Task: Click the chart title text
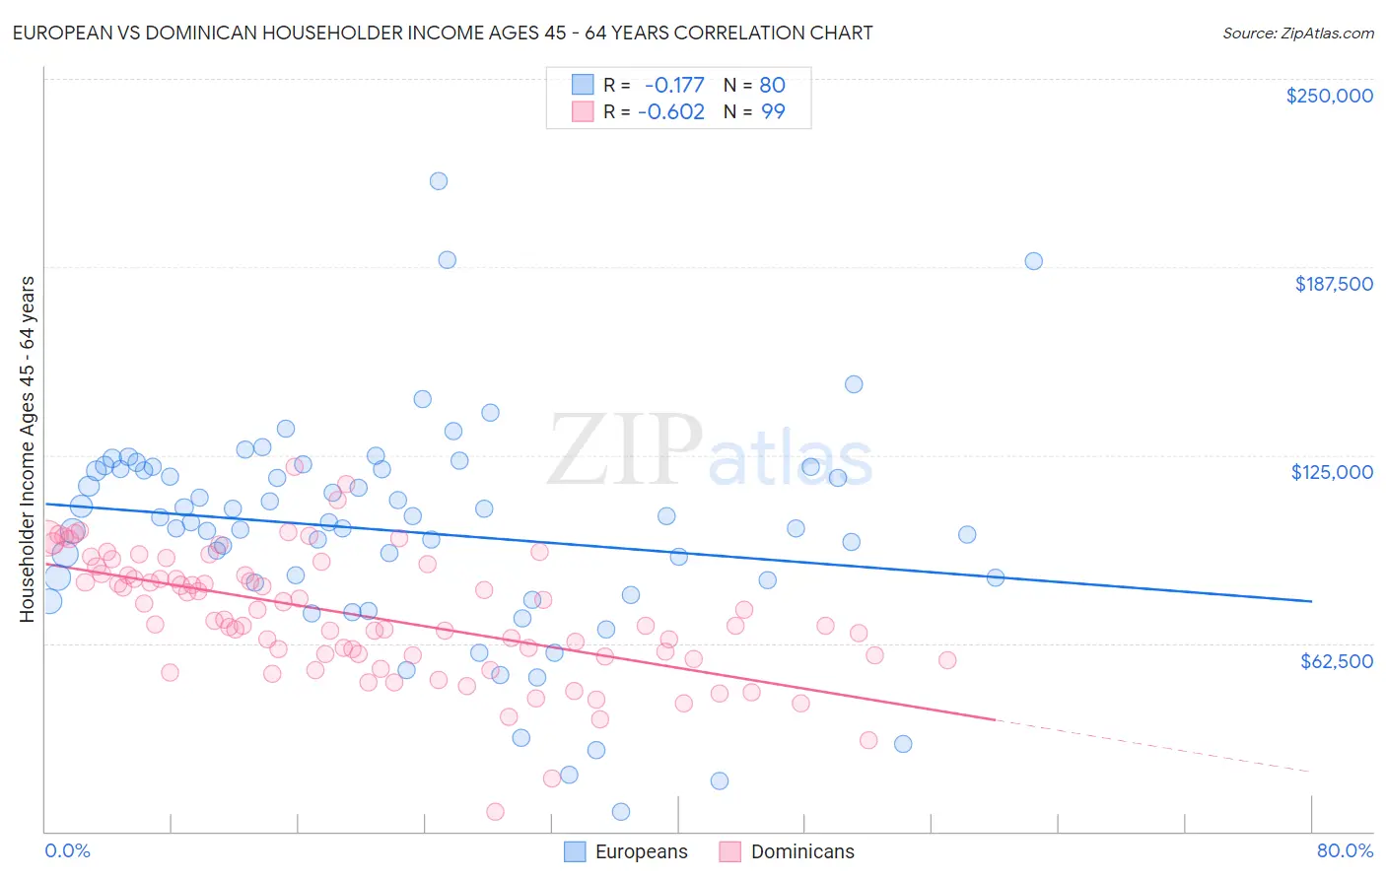[x=442, y=34]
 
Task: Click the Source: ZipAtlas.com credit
[x=1297, y=34]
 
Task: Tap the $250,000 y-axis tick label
[x=1329, y=96]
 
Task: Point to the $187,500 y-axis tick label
[x=1333, y=284]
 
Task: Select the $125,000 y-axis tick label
[x=1332, y=472]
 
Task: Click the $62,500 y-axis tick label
[x=1336, y=661]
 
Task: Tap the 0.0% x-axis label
[x=67, y=850]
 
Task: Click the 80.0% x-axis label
[x=1345, y=850]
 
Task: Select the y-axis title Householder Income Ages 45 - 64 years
[x=28, y=449]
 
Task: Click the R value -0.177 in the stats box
[x=674, y=86]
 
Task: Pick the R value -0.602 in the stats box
[x=671, y=112]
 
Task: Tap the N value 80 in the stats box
[x=772, y=86]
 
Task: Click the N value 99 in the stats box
[x=773, y=112]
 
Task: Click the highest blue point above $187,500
[x=439, y=181]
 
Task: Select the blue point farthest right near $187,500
[x=1033, y=261]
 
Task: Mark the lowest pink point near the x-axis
[x=495, y=812]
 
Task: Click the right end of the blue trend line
[x=1310, y=601]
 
